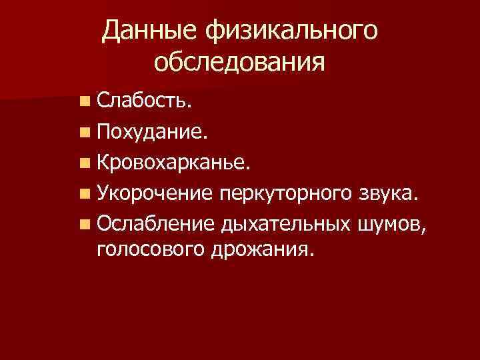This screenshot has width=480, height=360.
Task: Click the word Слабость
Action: pyautogui.click(x=144, y=101)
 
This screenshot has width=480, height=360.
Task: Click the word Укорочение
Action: pyautogui.click(x=154, y=193)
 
